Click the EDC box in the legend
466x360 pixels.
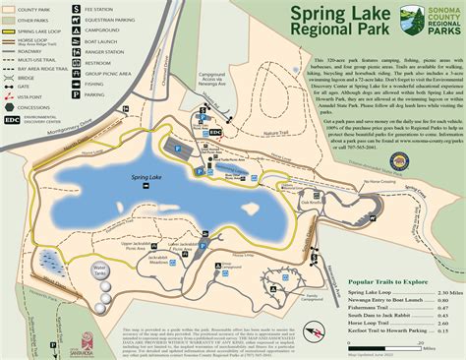coord(11,121)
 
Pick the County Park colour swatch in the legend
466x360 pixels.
coord(9,9)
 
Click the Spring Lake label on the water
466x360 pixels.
coord(146,177)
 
